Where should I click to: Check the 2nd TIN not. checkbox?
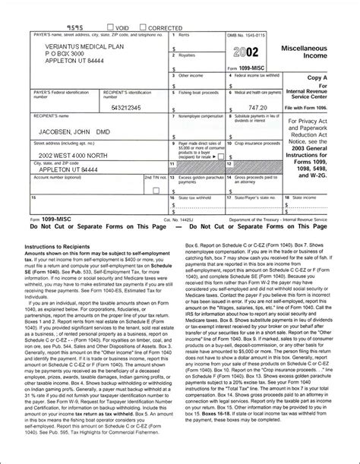pyautogui.click(x=156, y=189)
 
